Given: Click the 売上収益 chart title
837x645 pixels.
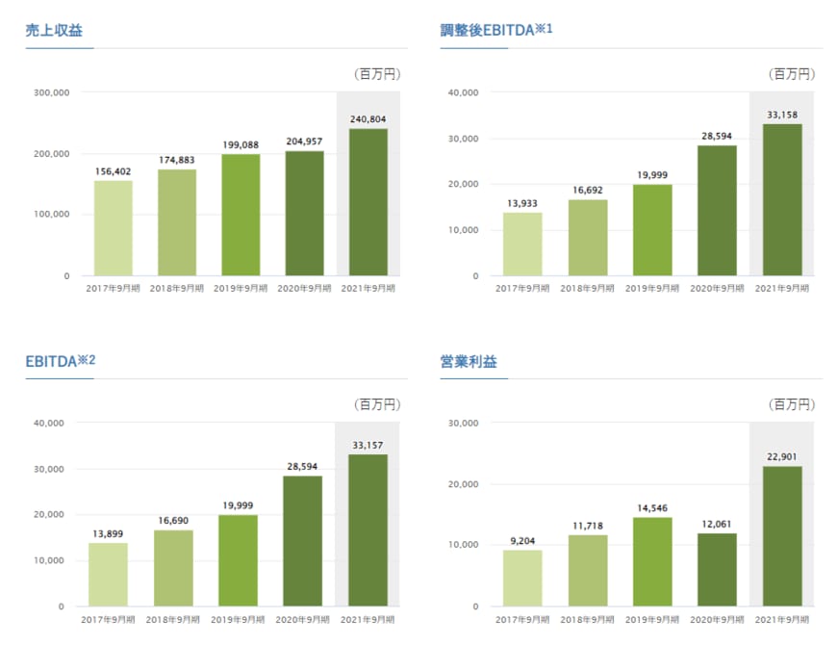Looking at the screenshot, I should coord(53,30).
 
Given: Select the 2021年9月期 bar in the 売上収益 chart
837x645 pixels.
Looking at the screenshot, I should coord(368,202).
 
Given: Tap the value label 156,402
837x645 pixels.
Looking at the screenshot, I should coord(114,171).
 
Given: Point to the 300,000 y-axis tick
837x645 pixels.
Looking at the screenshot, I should coord(51,92).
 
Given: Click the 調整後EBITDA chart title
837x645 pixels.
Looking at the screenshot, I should coord(495,30).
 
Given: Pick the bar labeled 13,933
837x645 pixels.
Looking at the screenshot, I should coord(522,244).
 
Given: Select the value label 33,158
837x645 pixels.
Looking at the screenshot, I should coord(782,115).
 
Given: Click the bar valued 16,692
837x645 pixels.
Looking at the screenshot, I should coord(588,237).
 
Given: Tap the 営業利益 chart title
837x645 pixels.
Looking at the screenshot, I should coord(469,363).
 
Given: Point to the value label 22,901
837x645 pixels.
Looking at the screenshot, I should coord(782,457).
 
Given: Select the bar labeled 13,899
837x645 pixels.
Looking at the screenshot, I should coord(108,575).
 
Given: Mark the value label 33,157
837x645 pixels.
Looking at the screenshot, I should coord(368,446).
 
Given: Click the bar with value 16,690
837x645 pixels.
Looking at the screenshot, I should coord(173,568).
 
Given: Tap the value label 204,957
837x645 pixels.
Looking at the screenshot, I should coord(304,142).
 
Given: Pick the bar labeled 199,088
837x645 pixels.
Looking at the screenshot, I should coord(241,215).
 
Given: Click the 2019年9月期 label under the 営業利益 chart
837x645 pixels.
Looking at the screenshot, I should coord(652,621).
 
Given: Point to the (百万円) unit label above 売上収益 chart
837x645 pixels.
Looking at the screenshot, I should coord(378,73).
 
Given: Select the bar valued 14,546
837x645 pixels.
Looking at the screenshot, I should coord(652,561).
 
